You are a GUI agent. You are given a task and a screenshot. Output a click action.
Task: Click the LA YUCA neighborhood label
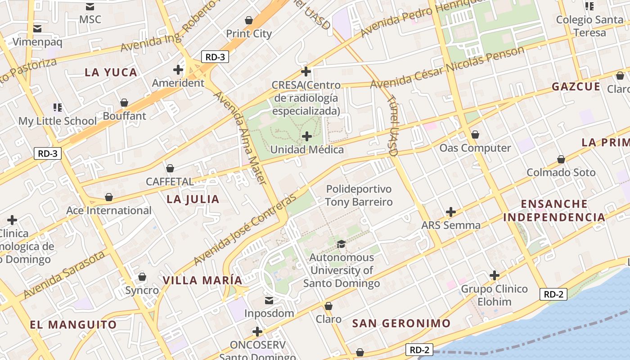pos(111,72)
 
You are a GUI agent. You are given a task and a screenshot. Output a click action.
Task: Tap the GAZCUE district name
pos(576,87)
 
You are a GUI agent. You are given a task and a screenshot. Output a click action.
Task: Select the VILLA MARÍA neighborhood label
pos(202,280)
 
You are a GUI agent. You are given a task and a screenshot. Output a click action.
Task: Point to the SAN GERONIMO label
pos(401,323)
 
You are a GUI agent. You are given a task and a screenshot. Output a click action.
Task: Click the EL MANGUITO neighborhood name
pos(73,324)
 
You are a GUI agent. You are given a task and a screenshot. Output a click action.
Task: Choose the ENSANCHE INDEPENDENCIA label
pos(554,211)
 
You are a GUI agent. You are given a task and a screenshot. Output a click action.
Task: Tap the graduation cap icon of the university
pos(342,244)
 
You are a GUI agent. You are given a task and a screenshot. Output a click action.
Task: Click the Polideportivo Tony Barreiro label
pos(359,195)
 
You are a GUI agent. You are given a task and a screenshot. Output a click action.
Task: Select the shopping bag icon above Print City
pos(248,20)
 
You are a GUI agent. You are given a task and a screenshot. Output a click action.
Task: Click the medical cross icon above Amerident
pos(178,70)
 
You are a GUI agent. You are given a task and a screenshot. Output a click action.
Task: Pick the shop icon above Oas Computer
pos(475,135)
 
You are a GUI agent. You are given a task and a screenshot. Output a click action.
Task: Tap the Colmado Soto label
pos(561,172)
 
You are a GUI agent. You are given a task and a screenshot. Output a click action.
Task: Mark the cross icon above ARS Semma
pos(450,212)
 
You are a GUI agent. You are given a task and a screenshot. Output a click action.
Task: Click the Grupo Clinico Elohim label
pos(494,295)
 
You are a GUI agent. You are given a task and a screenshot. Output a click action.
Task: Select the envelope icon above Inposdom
pos(269,300)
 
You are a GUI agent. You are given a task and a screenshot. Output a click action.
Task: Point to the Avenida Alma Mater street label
pos(240,138)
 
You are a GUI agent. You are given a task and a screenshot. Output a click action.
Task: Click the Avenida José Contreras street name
pos(246,229)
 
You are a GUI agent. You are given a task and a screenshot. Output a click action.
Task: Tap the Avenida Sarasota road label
pos(64,275)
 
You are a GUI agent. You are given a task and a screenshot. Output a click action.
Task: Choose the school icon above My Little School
pos(57,108)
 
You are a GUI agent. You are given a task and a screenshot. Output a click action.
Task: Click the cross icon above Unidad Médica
pos(307,136)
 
